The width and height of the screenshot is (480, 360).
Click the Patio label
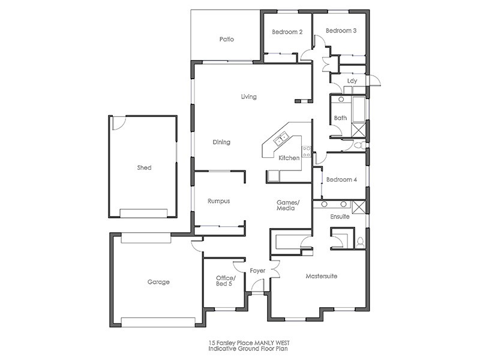coord(226,40)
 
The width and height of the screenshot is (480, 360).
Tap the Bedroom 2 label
coord(287,32)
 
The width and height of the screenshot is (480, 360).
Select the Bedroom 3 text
coord(341,31)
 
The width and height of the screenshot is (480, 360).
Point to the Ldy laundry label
coord(353,81)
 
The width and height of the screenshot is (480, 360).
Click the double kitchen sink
coord(280,141)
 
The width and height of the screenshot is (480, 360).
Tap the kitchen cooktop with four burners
coord(306,152)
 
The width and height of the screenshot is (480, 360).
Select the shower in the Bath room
coord(358,130)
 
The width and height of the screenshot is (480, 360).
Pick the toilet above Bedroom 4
coord(358,146)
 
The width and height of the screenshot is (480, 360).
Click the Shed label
coord(144,168)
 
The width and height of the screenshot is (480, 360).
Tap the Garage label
coord(158,281)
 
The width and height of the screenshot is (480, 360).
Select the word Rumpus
coord(218,201)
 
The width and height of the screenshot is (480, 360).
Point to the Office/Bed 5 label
coord(226,281)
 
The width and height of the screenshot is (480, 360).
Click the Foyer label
coord(258,271)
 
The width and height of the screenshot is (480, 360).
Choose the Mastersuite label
coord(321,277)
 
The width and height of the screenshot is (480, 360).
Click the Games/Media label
coord(287,205)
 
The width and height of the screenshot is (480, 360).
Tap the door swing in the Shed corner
coord(118,122)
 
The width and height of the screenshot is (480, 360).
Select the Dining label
coord(221,142)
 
